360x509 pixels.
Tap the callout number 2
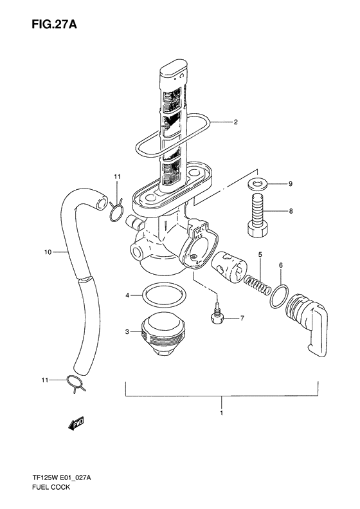pos(235,122)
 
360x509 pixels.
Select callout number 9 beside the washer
pos(290,185)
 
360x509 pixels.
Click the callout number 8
pos(290,210)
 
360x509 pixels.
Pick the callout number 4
pos(128,295)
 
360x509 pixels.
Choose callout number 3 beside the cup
pos(128,332)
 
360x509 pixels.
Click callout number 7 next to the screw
pos(242,318)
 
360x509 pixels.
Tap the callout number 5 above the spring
pos(260,255)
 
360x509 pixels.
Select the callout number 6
pos(280,265)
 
